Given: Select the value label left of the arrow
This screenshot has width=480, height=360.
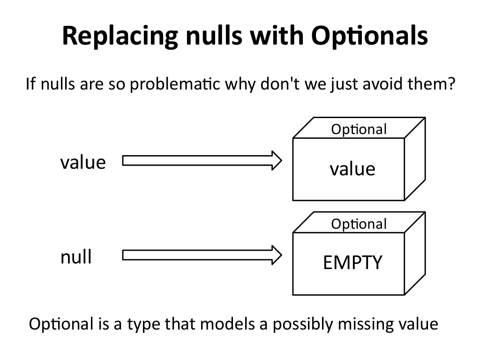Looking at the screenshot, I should pyautogui.click(x=83, y=163).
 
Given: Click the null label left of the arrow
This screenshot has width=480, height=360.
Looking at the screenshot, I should pyautogui.click(x=76, y=257).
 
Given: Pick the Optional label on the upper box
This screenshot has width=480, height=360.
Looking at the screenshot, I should pyautogui.click(x=359, y=129).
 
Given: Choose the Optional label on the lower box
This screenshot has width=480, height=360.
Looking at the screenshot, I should pyautogui.click(x=359, y=224).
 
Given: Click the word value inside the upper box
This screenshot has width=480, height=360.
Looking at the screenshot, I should pyautogui.click(x=352, y=169).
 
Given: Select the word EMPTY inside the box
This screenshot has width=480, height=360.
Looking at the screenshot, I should pyautogui.click(x=352, y=263).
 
